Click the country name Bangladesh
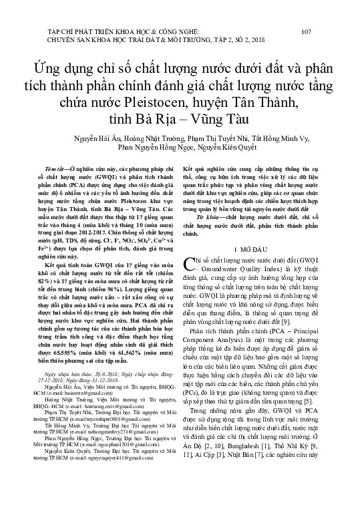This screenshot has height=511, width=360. [231, 473]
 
